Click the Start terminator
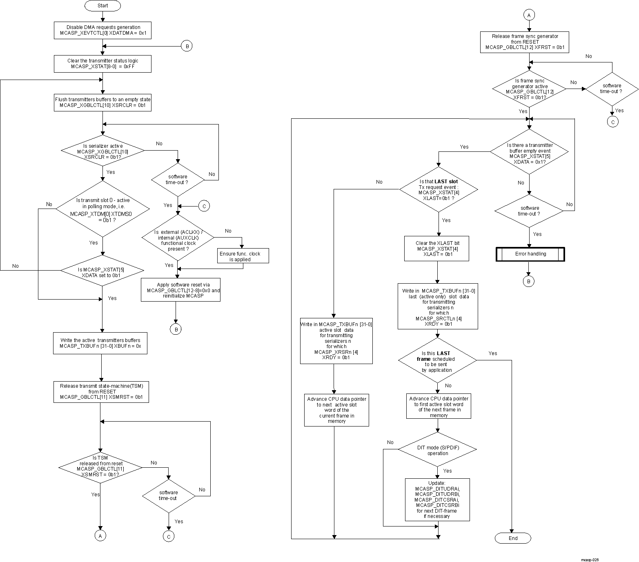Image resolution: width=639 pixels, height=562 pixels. coord(102,6)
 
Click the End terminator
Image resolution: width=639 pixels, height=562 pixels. coord(513,538)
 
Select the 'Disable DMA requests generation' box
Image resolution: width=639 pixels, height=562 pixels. coord(102,30)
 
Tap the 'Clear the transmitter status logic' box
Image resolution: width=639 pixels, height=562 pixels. coord(102,64)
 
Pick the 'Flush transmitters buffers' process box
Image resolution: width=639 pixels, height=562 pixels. coord(102,102)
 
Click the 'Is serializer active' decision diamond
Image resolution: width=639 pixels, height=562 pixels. coord(102,151)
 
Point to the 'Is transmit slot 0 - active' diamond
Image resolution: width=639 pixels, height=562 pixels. coord(102,209)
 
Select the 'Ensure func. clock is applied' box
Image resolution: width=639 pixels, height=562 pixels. coord(243,256)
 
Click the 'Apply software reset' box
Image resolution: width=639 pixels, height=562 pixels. coord(180,290)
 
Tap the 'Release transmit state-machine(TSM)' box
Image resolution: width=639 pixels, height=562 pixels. coord(101,391)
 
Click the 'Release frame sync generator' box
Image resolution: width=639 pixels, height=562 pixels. coord(525,42)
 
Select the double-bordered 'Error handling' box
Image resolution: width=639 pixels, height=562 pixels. coord(530,254)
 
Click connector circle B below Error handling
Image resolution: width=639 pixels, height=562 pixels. coord(528,282)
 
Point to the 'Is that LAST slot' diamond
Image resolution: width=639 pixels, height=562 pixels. coord(438,190)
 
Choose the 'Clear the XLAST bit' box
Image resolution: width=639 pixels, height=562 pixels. coord(436,249)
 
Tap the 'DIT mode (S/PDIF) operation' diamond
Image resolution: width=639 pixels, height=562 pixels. coord(437,450)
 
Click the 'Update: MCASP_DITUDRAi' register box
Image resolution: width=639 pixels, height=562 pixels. coord(437,500)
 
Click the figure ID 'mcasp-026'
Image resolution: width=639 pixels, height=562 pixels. coord(590,560)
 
